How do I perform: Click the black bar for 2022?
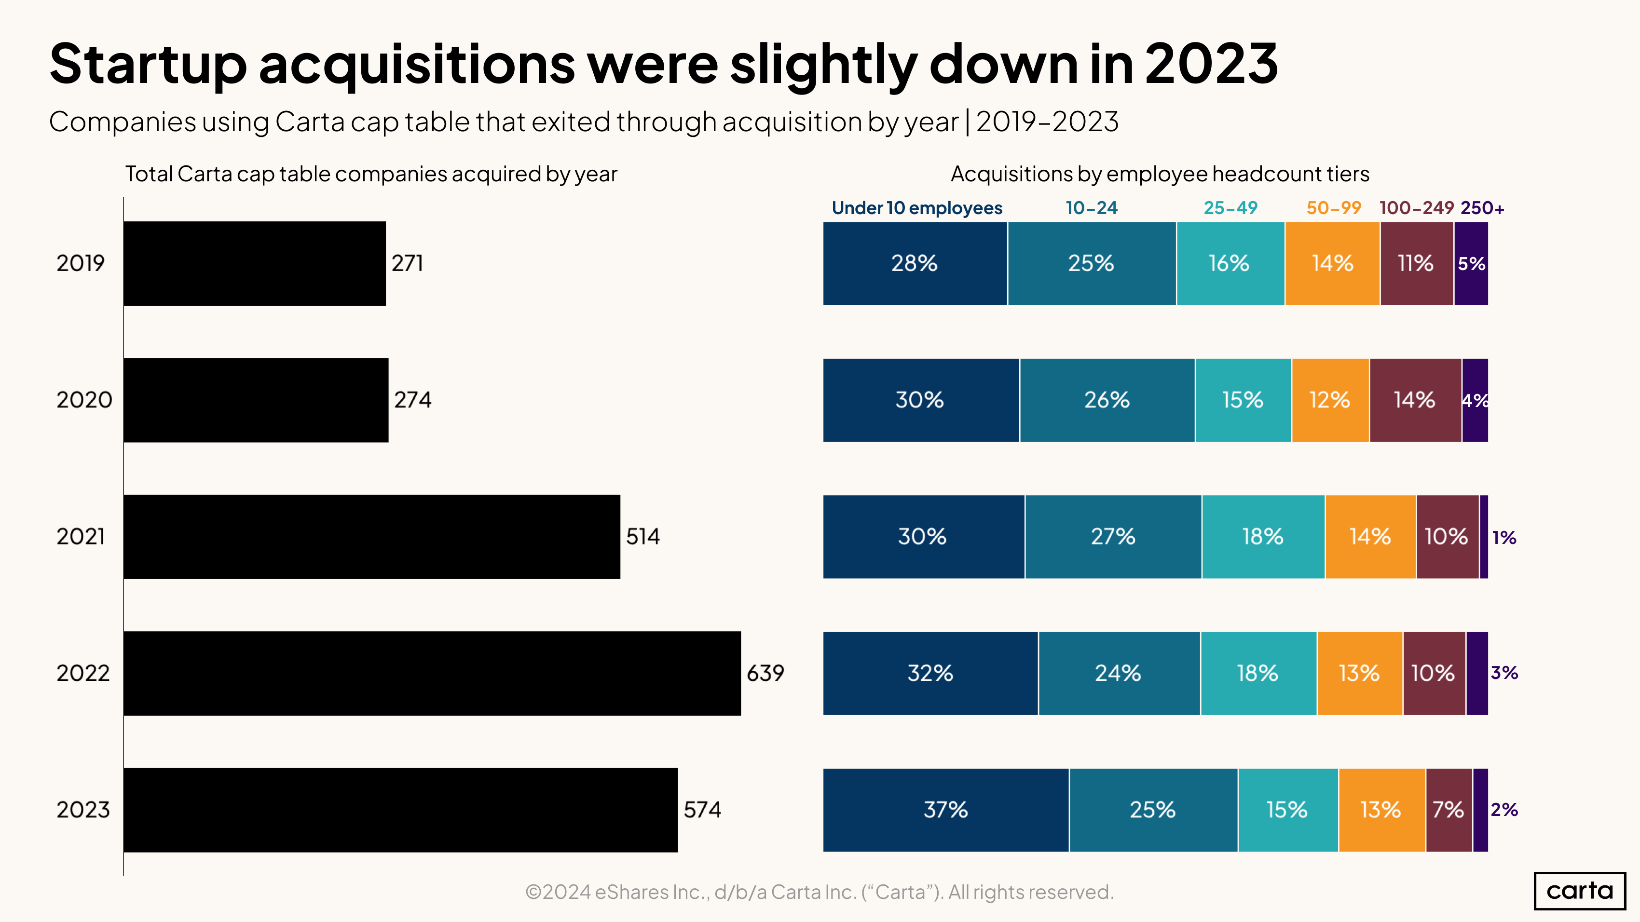(x=432, y=673)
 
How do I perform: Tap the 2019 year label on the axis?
(x=80, y=263)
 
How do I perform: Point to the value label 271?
(x=407, y=263)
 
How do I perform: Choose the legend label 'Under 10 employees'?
(x=917, y=208)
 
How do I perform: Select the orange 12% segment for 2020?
(x=1330, y=400)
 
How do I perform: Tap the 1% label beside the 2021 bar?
(x=1504, y=538)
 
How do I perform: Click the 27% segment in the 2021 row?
(x=1113, y=536)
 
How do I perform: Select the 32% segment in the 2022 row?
(x=930, y=673)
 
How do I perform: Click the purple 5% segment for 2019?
(x=1471, y=263)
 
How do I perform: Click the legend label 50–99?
(x=1333, y=208)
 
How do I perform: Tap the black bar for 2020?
(x=256, y=400)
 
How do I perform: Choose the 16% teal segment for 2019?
(x=1230, y=263)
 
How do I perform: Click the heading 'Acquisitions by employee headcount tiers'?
(x=1159, y=174)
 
